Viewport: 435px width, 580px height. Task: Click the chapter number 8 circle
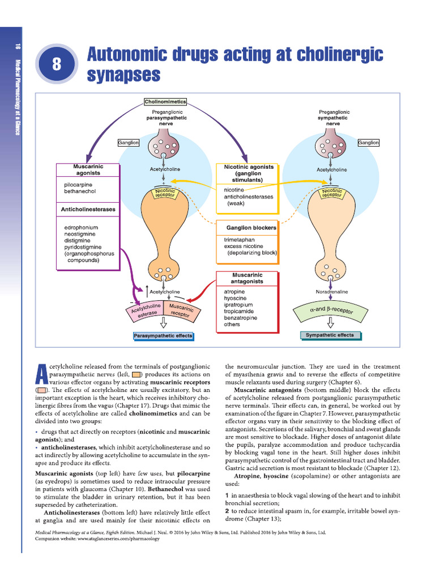pos(56,64)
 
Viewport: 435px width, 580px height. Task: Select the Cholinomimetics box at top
pos(165,102)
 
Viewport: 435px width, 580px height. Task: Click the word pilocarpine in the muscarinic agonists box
pos(78,185)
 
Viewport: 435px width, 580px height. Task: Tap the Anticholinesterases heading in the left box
pos(88,210)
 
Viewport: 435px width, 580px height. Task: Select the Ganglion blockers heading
pos(251,228)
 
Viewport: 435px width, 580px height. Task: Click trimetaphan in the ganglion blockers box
pos(241,240)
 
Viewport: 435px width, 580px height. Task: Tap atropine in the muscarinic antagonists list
pos(234,292)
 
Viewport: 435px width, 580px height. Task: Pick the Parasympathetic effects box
pos(163,336)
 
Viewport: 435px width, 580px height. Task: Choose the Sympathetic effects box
pos(330,335)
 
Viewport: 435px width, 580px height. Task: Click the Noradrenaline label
pos(331,292)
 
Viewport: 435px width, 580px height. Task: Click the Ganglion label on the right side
pos(368,143)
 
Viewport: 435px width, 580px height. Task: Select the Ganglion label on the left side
pos(129,143)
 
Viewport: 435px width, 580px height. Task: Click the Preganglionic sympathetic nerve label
pos(333,117)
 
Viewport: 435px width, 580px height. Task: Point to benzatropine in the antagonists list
pos(240,318)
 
